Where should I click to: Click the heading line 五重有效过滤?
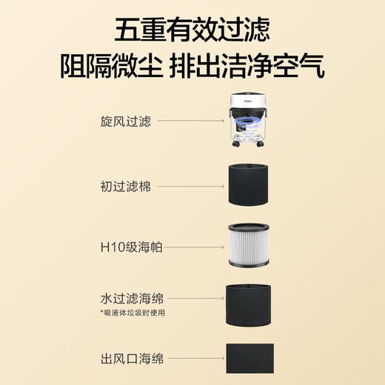click(192, 30)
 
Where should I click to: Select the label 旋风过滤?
click(126, 121)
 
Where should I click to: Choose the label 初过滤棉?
click(126, 187)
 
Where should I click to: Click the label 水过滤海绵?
click(132, 298)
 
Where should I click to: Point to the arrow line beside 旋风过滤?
click(190, 121)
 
